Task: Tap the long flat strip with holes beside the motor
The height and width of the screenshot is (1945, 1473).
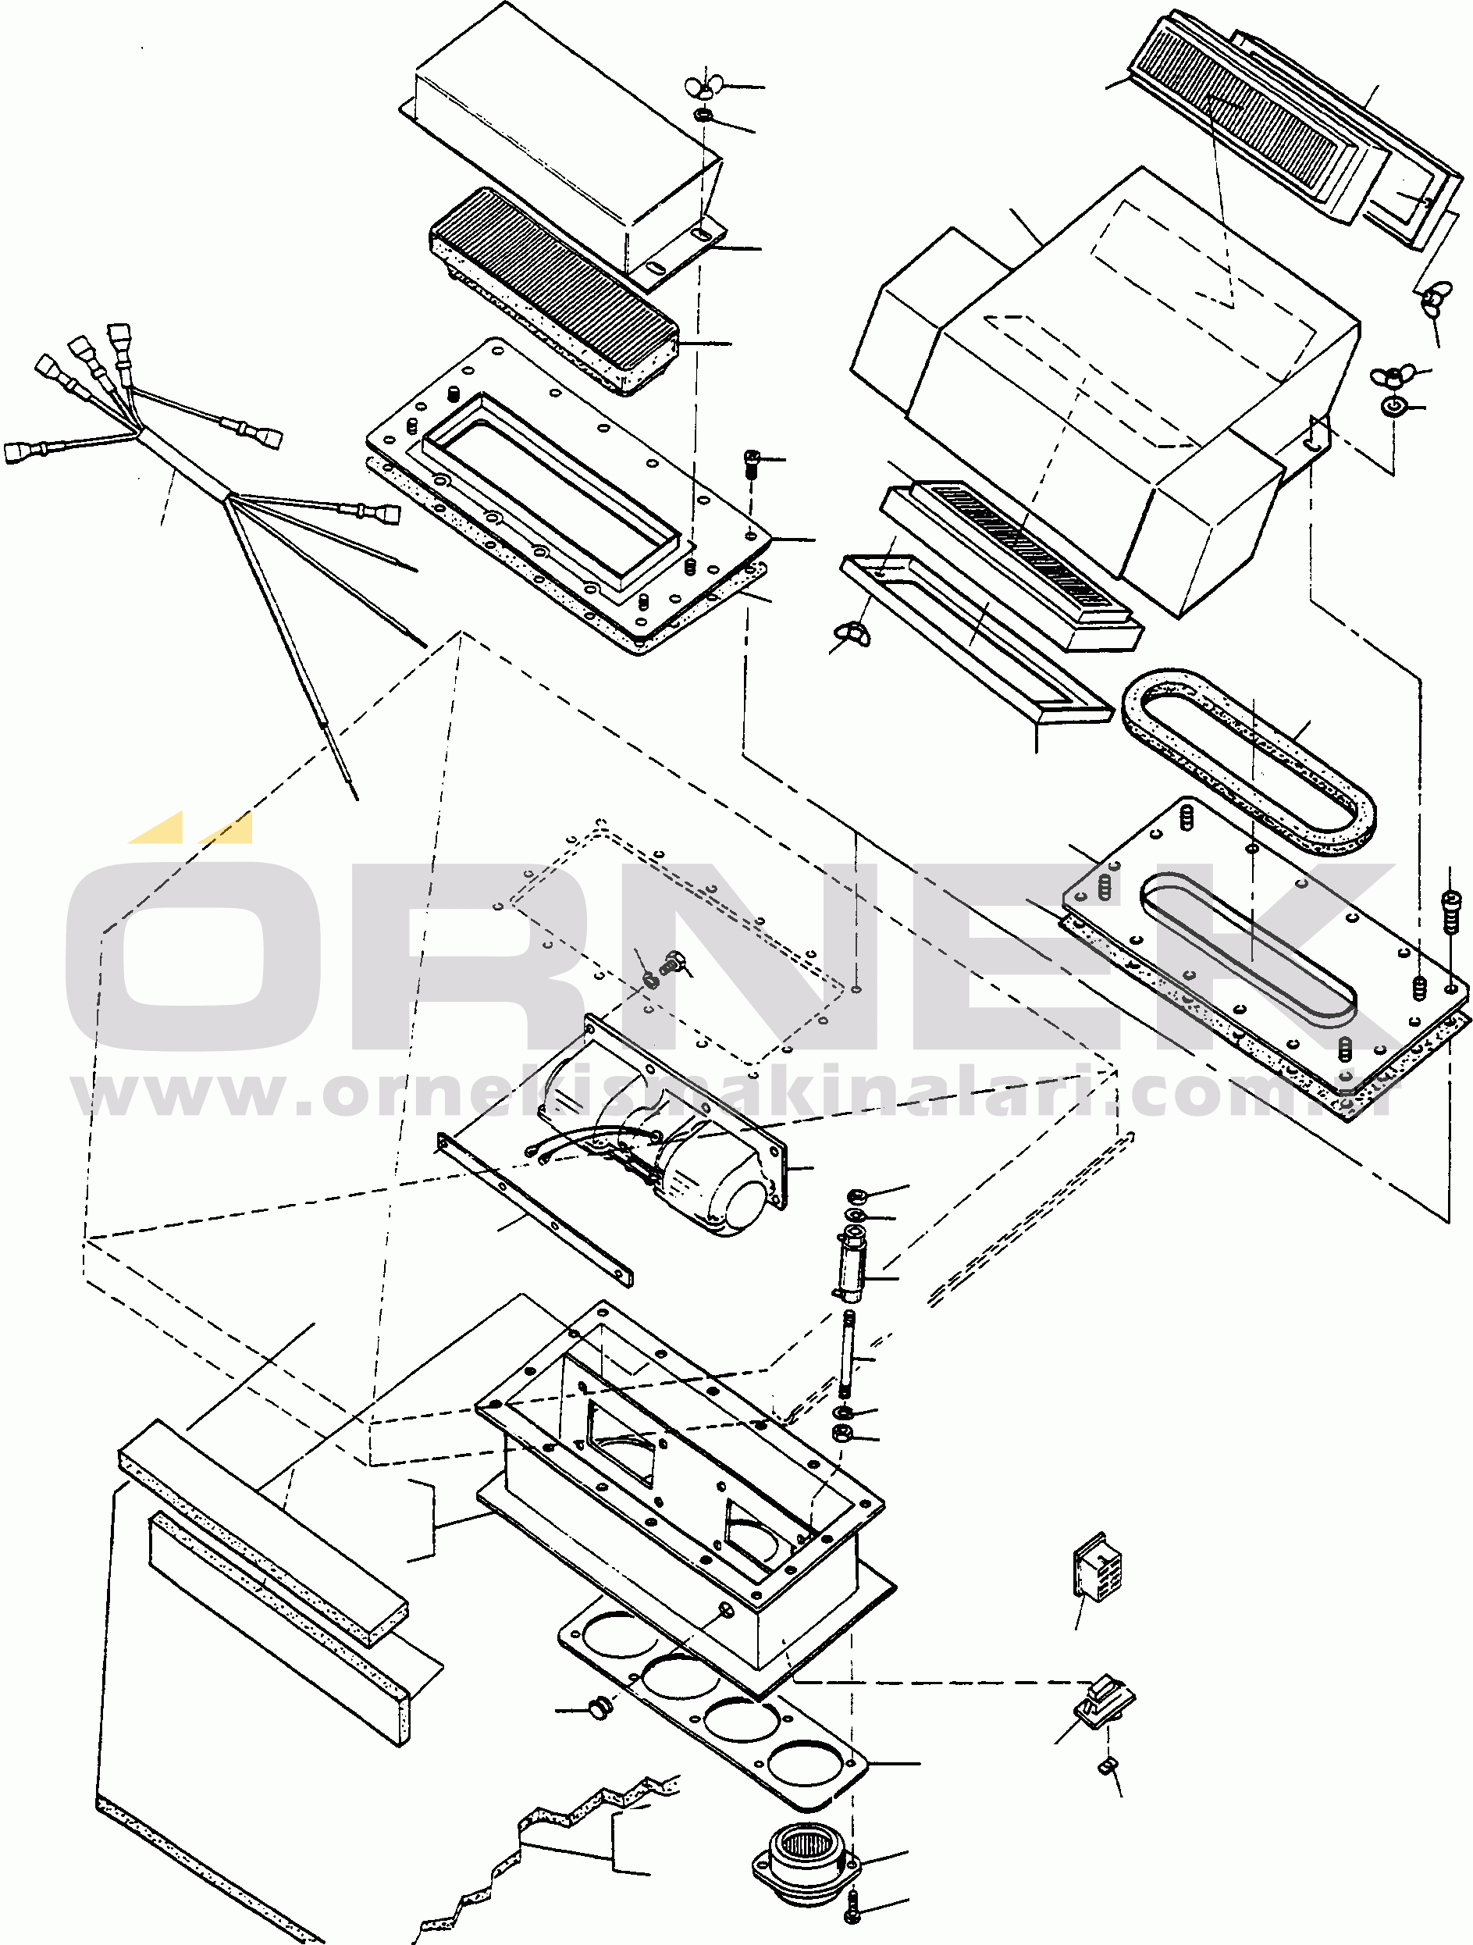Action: (x=535, y=1209)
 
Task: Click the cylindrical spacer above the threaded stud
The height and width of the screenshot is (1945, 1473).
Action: (x=851, y=1266)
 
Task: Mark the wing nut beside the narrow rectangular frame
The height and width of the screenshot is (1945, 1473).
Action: (x=853, y=633)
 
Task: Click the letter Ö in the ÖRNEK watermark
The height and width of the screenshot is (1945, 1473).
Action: (x=194, y=949)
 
